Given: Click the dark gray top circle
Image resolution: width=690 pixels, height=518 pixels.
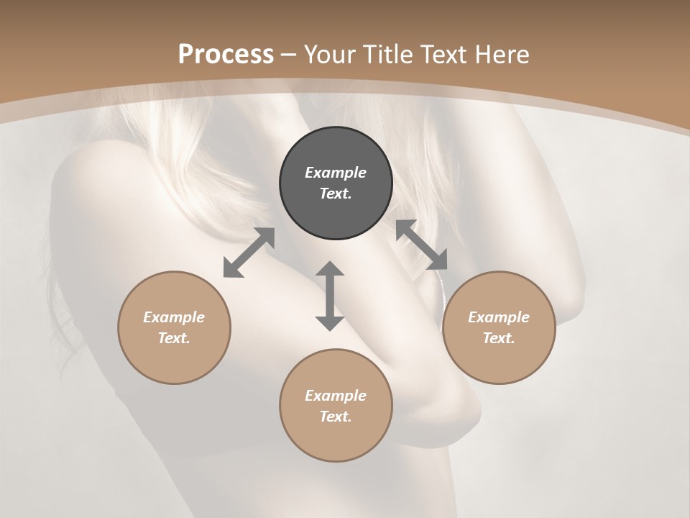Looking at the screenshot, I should click(336, 183).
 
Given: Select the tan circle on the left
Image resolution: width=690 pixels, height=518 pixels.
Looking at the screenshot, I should click(174, 327).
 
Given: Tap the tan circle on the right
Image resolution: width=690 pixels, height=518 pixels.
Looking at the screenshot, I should click(499, 327).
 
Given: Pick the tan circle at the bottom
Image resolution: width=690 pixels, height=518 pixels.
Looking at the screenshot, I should click(336, 406).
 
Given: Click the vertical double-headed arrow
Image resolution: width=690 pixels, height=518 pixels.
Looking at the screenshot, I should click(330, 296).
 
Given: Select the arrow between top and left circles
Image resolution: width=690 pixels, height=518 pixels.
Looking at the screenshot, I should click(249, 253).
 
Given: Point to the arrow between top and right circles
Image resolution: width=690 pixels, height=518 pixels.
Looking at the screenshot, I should click(422, 245).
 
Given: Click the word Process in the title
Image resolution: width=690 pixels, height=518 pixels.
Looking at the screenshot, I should click(226, 54).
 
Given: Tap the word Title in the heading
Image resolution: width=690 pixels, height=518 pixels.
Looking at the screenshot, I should click(390, 54).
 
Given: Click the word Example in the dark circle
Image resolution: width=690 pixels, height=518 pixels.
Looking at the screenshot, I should click(336, 173).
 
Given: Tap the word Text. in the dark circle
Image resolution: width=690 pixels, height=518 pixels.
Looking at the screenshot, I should click(336, 194).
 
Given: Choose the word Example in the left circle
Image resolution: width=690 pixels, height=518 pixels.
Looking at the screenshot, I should click(174, 317).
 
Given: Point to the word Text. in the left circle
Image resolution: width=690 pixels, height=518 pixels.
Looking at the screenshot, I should click(174, 338).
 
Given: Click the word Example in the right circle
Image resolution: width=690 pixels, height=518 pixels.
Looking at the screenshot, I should click(499, 317).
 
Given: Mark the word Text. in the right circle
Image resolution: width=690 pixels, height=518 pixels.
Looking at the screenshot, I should click(499, 338).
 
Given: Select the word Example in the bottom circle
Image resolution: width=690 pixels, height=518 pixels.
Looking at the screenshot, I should click(336, 396).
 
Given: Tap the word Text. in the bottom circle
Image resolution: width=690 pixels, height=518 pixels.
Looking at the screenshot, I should click(336, 417).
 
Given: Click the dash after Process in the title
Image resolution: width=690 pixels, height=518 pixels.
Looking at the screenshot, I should click(289, 55).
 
